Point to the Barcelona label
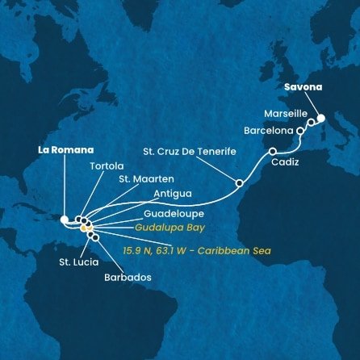click(x=270, y=130)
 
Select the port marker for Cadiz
click(x=273, y=151)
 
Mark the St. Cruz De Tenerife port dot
click(x=239, y=183)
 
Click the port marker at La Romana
click(x=65, y=218)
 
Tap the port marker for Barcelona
click(x=300, y=130)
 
